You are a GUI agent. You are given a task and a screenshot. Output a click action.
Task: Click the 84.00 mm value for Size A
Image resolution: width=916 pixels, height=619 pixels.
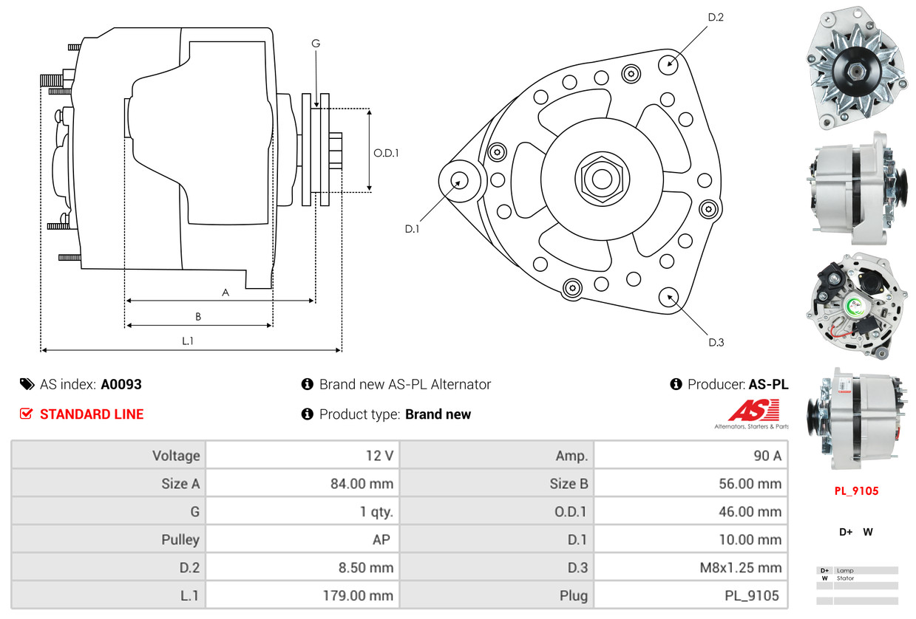pyautogui.click(x=362, y=484)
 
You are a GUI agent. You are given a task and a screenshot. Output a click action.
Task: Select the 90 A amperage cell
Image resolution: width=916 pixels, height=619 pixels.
pyautogui.click(x=767, y=456)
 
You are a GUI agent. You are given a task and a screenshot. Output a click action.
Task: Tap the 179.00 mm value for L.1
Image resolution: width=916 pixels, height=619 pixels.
pyautogui.click(x=358, y=595)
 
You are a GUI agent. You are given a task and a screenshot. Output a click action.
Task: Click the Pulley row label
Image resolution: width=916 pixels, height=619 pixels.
pyautogui.click(x=180, y=540)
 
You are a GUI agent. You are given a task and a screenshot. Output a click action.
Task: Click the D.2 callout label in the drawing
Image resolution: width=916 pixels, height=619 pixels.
pyautogui.click(x=715, y=17)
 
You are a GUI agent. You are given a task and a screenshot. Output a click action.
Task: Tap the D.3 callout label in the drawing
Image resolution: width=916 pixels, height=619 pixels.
pyautogui.click(x=716, y=342)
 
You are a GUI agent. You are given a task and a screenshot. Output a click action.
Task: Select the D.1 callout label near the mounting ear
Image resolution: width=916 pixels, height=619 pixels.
pyautogui.click(x=412, y=229)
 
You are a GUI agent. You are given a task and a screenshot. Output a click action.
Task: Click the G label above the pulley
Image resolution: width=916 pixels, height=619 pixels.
pyautogui.click(x=316, y=44)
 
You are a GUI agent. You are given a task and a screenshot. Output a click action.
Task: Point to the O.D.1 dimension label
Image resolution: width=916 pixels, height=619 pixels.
pyautogui.click(x=386, y=154)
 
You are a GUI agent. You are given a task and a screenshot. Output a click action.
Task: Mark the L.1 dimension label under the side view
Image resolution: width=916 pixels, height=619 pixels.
pyautogui.click(x=188, y=341)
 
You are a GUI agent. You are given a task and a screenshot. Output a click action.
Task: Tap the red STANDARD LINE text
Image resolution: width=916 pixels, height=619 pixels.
pyautogui.click(x=92, y=414)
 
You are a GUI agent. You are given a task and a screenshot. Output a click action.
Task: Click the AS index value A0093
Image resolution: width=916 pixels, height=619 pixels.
pyautogui.click(x=121, y=385)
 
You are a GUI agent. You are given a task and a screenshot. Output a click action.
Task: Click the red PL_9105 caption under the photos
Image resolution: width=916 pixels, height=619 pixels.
pyautogui.click(x=857, y=490)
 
